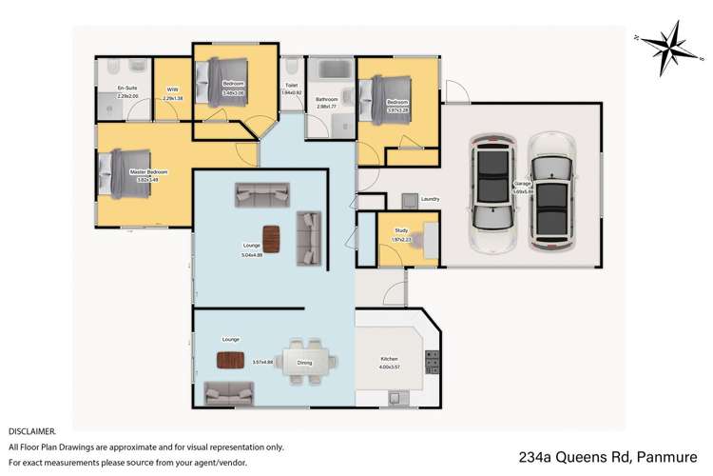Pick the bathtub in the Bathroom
point(333,73)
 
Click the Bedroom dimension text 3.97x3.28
point(396,109)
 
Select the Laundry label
point(430,199)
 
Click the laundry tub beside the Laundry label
point(409,200)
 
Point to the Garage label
point(522,185)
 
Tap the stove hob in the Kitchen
point(432,363)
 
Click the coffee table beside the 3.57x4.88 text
point(232,360)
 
